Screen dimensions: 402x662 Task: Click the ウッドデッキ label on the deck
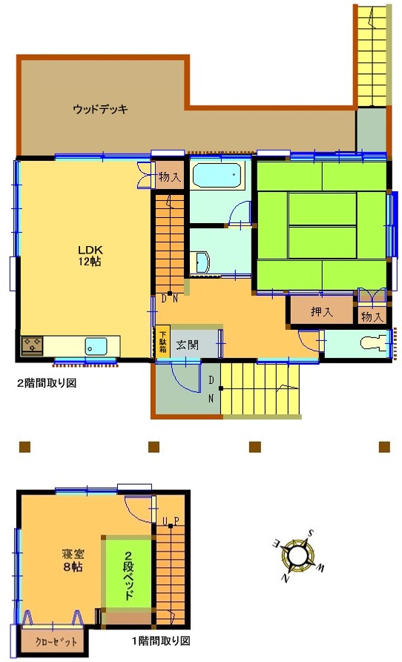click(x=100, y=109)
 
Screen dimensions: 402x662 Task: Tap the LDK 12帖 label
click(x=90, y=256)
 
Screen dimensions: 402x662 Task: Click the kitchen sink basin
click(x=96, y=346)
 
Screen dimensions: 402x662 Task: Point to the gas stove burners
click(x=32, y=345)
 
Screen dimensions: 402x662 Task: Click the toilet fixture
click(x=374, y=342)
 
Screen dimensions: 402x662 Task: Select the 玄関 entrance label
click(x=187, y=345)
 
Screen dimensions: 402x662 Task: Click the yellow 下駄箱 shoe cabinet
click(x=163, y=342)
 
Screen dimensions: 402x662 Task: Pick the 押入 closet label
click(x=321, y=312)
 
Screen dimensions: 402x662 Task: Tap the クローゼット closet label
click(x=56, y=642)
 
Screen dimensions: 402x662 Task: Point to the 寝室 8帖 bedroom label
click(x=73, y=560)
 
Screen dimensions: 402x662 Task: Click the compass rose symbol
click(x=299, y=554)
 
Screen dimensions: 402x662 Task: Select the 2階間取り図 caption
click(x=47, y=383)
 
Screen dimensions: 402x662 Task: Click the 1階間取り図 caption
click(x=160, y=641)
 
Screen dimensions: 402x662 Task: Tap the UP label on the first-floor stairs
click(x=171, y=520)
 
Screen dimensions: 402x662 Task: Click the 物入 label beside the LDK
click(x=170, y=176)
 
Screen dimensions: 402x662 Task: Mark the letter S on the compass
click(x=311, y=532)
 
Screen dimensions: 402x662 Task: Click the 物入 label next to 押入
click(x=372, y=317)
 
